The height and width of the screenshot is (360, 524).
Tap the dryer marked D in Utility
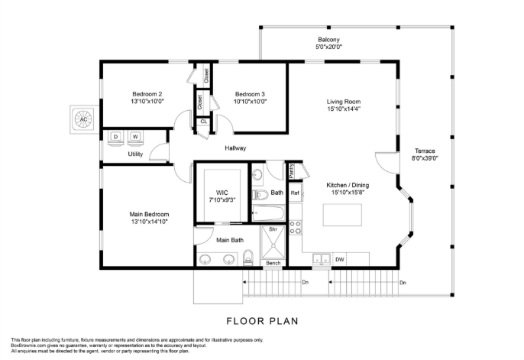(x=117, y=138)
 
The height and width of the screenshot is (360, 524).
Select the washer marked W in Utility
(x=135, y=138)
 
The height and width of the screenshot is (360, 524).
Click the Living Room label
(x=343, y=102)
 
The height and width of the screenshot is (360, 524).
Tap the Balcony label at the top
(x=329, y=40)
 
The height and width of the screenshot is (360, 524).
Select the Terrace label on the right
(x=425, y=151)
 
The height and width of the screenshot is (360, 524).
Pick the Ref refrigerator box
(x=295, y=193)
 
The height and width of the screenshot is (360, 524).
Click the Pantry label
(x=291, y=170)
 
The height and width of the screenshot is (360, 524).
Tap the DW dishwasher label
(x=340, y=260)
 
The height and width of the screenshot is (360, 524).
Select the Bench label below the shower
(x=273, y=264)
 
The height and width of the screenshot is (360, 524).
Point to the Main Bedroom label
(x=149, y=214)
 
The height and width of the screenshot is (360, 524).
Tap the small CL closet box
(x=203, y=122)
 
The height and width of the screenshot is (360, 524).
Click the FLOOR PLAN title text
(x=261, y=320)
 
